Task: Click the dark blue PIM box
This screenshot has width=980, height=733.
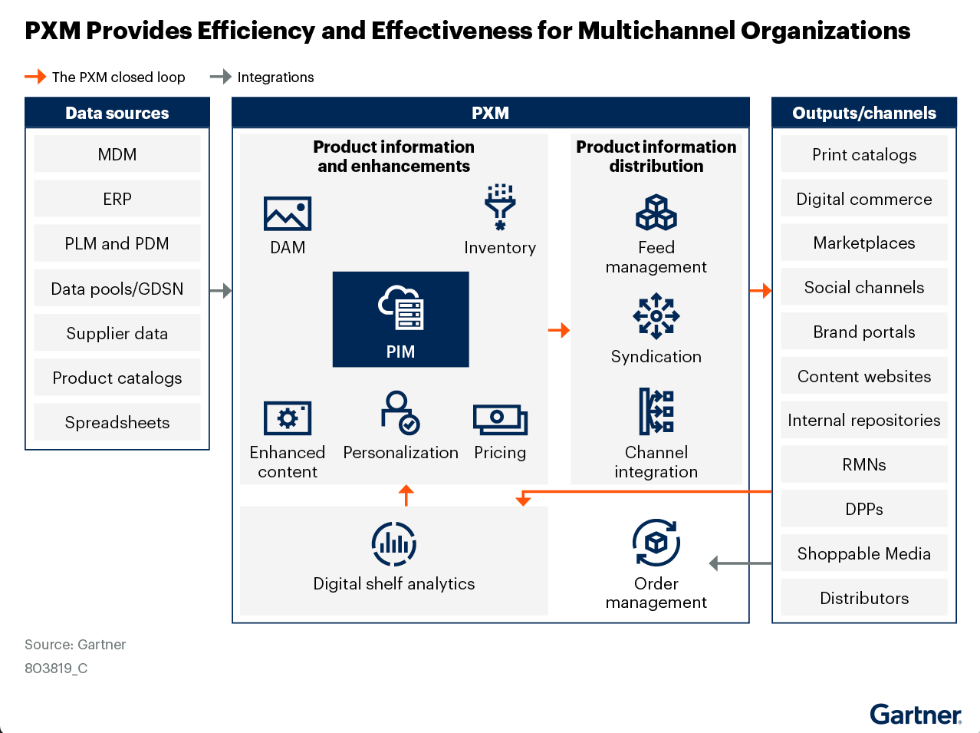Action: (400, 319)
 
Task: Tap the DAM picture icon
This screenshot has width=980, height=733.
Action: (288, 213)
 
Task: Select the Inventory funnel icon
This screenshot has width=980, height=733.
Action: (500, 206)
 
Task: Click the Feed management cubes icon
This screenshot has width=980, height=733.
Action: (656, 213)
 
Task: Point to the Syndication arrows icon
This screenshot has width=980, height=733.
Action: (656, 315)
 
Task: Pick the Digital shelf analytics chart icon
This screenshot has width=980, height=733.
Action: (394, 543)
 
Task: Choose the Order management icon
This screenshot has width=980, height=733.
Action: (656, 543)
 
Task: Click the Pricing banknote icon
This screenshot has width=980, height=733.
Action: (500, 419)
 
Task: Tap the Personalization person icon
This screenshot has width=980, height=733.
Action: (400, 413)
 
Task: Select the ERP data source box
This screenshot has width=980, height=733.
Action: (117, 199)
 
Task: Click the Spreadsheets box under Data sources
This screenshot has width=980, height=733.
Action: (117, 422)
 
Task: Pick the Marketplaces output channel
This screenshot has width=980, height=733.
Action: (864, 243)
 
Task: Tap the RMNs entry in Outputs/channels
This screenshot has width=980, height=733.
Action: (864, 464)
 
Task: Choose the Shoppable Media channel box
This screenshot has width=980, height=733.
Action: (864, 553)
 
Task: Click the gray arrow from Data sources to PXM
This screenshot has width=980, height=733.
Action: (221, 291)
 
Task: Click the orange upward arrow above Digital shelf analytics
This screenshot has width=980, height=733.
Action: (406, 495)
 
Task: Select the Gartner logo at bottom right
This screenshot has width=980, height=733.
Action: (916, 715)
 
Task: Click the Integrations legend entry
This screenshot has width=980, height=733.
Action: (263, 77)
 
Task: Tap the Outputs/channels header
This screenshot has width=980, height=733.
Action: (864, 113)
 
